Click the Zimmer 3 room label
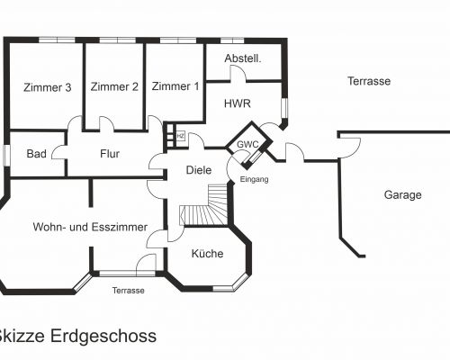(x=48, y=87)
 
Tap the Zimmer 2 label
(x=114, y=86)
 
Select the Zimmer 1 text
(x=175, y=86)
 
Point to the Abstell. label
(x=243, y=58)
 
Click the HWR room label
(x=238, y=103)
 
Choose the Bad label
(x=36, y=154)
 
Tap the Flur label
(x=110, y=154)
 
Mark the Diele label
(x=199, y=170)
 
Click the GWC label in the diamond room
(x=247, y=145)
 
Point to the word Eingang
(x=254, y=179)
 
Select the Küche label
(x=207, y=254)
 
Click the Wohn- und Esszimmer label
(x=90, y=227)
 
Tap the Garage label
(x=402, y=195)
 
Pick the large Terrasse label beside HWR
(x=369, y=81)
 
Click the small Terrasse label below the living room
(x=129, y=291)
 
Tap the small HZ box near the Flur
(x=181, y=136)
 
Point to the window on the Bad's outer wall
(x=6, y=155)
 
